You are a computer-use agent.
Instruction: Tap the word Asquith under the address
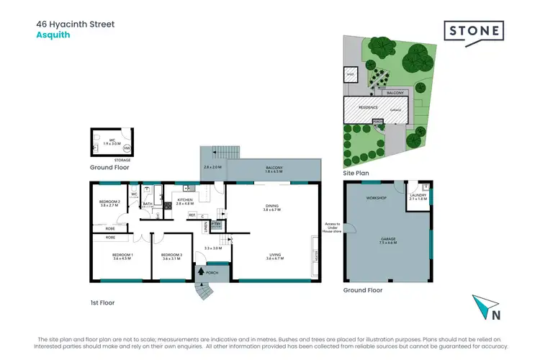(x=53, y=35)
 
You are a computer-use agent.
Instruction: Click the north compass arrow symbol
(x=483, y=307)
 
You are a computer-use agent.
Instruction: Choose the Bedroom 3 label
(x=171, y=257)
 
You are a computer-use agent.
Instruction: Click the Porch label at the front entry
(x=212, y=273)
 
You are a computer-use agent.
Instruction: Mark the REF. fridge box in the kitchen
(x=192, y=215)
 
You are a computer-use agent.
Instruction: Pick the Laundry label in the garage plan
(x=418, y=197)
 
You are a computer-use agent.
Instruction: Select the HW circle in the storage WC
(x=127, y=148)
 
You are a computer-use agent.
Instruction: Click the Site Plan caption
(x=355, y=174)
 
